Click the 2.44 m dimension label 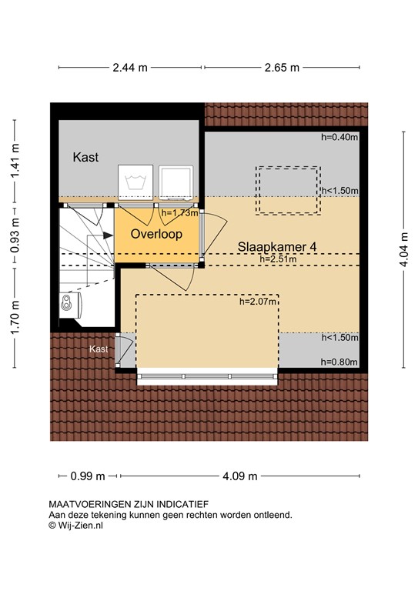(x=130, y=67)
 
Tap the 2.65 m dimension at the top (x=282, y=67)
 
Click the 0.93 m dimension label (x=15, y=232)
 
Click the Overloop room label (x=156, y=233)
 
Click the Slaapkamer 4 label (x=277, y=246)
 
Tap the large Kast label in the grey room (x=85, y=157)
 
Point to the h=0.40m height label (x=339, y=138)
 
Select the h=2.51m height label (x=278, y=259)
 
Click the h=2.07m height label (x=258, y=302)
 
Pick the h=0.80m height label (x=339, y=361)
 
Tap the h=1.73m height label (x=179, y=212)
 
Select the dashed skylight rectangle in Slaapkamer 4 (x=288, y=189)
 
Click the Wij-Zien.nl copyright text (x=76, y=526)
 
